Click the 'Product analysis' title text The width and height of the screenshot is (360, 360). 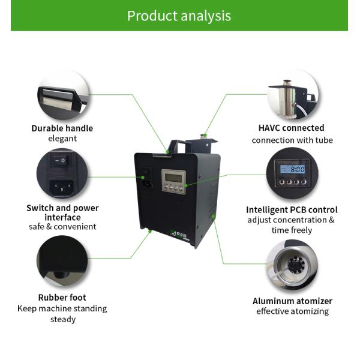point(179,16)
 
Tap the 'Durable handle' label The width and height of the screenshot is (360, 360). point(62,128)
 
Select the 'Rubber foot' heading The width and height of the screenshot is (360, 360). point(62,297)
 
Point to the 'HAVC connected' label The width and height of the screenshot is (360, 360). point(292,128)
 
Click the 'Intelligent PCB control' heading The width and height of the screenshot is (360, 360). point(292,209)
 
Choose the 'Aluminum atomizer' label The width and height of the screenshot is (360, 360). point(292,301)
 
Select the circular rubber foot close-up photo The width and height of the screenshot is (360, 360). point(62,262)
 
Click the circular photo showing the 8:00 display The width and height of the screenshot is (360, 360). point(292,174)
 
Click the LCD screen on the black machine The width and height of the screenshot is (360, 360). point(173,177)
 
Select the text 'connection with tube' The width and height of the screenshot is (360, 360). point(292,140)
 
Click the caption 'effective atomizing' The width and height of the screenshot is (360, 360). point(292,311)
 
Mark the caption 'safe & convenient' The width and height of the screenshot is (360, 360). point(62,227)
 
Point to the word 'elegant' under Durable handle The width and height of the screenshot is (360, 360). point(62,139)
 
